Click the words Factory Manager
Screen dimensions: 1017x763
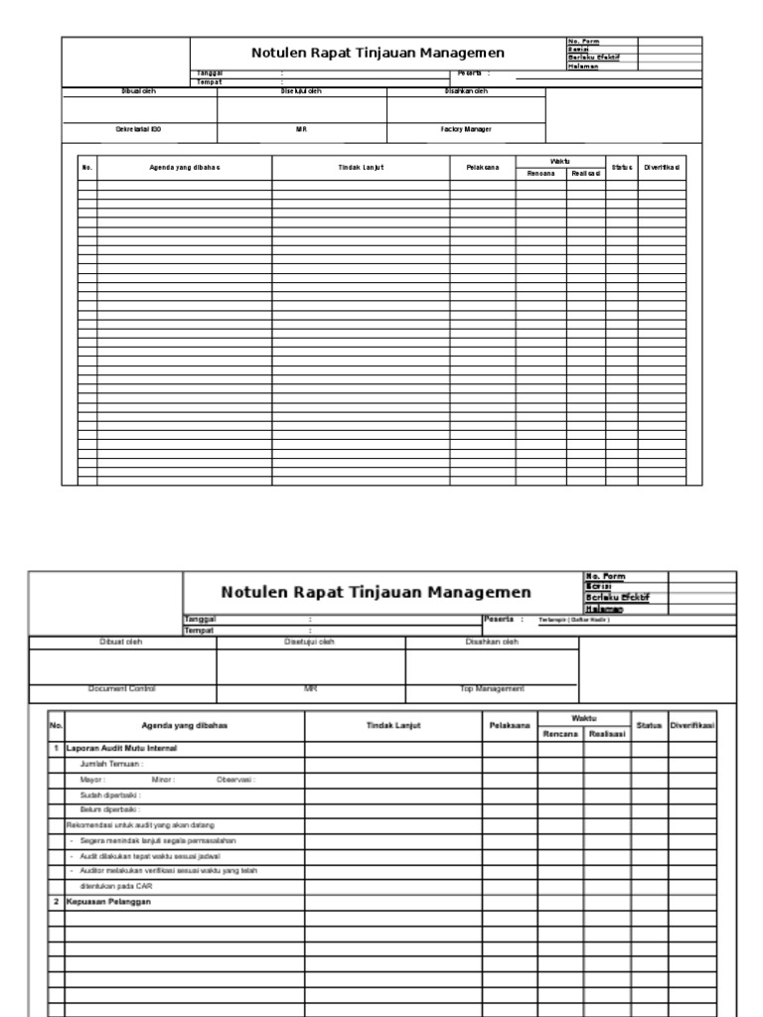point(466,129)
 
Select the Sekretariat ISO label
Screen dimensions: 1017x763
point(139,129)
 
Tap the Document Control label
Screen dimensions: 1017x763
point(122,688)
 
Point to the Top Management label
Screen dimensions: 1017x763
point(492,688)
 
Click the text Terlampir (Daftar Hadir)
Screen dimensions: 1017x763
point(573,618)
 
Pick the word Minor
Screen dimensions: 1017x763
point(163,780)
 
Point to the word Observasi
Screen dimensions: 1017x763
point(235,780)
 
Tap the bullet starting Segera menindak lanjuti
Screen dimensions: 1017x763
point(158,840)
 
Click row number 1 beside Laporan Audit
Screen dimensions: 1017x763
point(57,747)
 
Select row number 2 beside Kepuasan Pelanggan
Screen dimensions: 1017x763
point(57,902)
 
